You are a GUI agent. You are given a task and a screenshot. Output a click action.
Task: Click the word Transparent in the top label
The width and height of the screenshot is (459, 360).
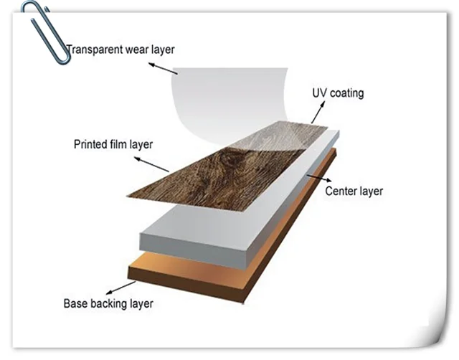point(93,50)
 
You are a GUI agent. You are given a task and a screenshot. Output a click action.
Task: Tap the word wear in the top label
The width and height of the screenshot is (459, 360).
point(136,50)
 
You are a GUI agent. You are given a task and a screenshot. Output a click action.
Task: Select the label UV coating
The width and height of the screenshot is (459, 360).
point(338,93)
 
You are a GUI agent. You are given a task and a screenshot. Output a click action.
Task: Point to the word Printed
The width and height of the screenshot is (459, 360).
point(90,144)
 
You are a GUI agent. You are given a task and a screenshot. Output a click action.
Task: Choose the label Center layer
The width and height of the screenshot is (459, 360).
point(354,191)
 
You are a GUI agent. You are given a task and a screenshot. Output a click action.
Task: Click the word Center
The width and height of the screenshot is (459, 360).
point(341,191)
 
